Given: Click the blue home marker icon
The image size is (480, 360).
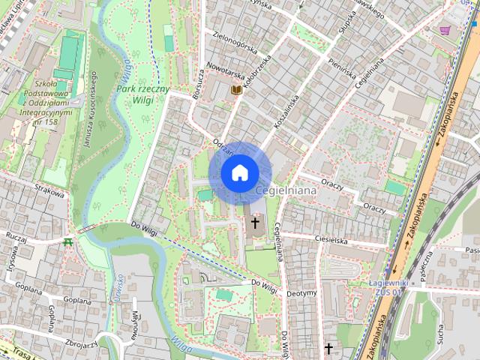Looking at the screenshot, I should (x=238, y=172).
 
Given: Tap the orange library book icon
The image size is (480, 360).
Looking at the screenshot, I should (x=236, y=90).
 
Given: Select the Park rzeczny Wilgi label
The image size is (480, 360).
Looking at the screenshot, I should (x=142, y=93).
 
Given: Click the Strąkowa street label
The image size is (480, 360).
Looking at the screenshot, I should (x=49, y=192).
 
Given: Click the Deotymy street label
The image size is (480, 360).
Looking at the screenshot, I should (x=303, y=292).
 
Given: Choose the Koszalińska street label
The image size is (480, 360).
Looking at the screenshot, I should (x=287, y=109).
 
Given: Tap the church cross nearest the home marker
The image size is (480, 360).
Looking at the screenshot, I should (x=255, y=222).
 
